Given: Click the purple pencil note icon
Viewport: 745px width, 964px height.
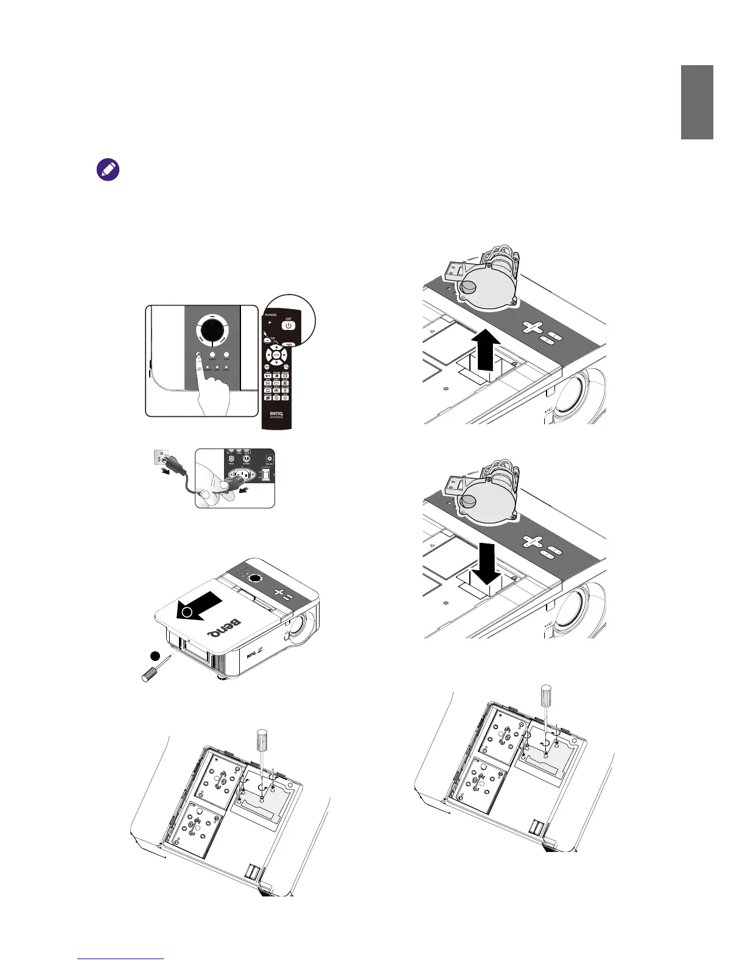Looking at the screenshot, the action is click(x=108, y=170).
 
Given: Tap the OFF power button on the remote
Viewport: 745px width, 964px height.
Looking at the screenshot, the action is click(x=289, y=325).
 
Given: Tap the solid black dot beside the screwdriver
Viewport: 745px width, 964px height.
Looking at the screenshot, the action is click(x=156, y=655).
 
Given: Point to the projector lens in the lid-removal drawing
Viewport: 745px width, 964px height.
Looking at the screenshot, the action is click(x=299, y=627).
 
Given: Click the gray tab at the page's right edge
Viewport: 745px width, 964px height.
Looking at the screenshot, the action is click(x=697, y=102).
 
